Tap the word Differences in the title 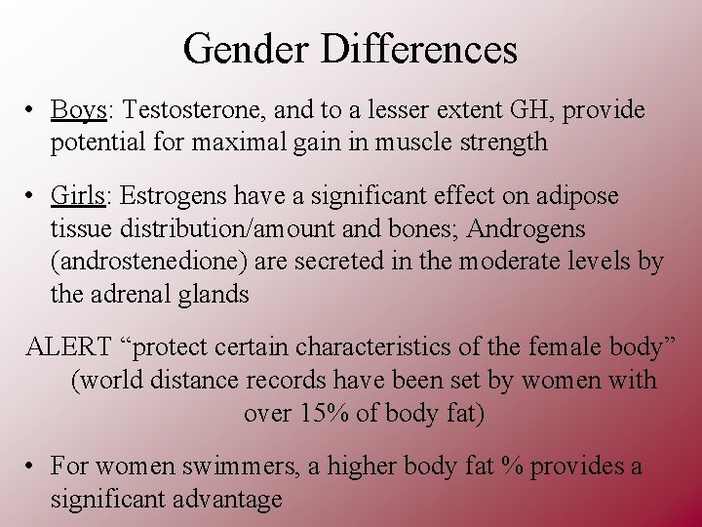click(x=421, y=49)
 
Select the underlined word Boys click(x=78, y=110)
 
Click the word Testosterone click(x=186, y=110)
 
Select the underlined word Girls click(x=77, y=196)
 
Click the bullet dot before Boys click(x=32, y=111)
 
